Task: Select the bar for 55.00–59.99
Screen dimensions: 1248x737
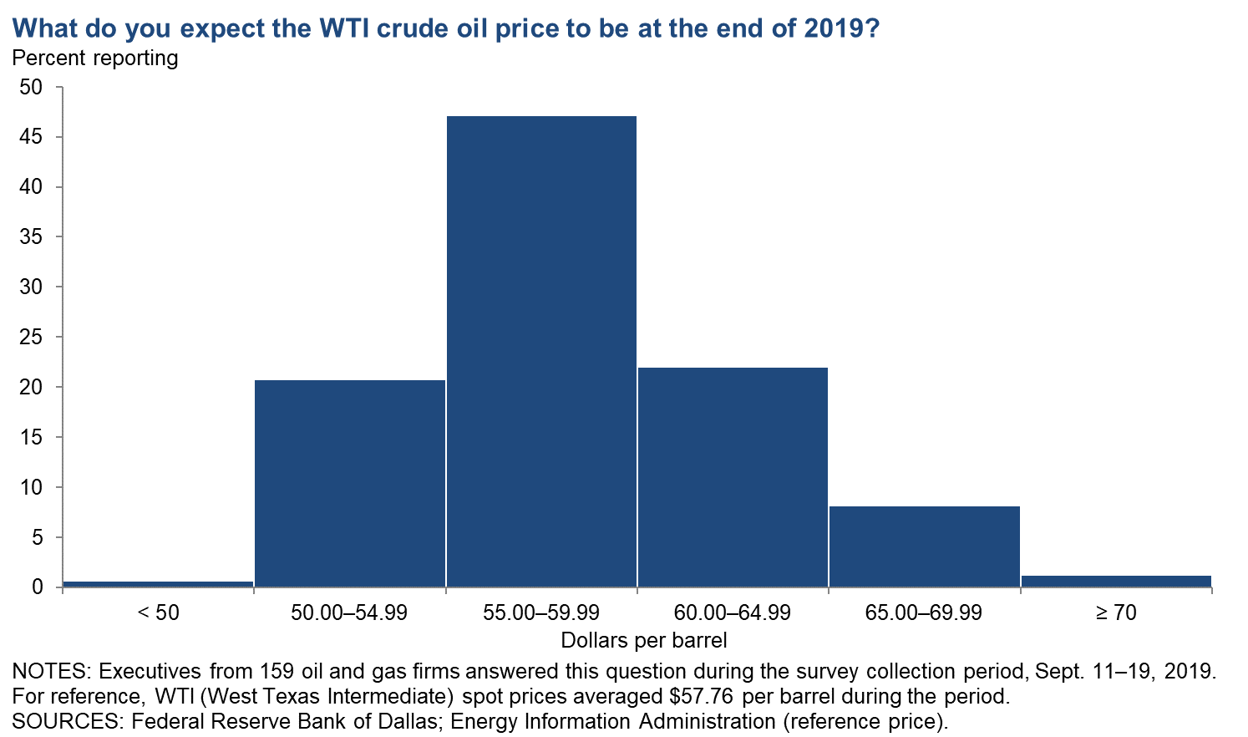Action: click(x=541, y=351)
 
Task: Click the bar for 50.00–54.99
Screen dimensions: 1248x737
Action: click(x=350, y=483)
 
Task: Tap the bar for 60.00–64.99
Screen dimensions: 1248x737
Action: click(x=733, y=477)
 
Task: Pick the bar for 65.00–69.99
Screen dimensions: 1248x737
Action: click(x=924, y=546)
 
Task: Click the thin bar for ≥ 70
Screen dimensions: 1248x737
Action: click(x=1116, y=581)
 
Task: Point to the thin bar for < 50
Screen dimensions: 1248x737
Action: click(x=158, y=584)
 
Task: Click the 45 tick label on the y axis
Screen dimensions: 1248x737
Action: click(x=31, y=136)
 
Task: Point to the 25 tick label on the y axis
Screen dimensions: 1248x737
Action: click(x=31, y=337)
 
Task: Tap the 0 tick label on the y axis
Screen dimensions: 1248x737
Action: click(x=38, y=587)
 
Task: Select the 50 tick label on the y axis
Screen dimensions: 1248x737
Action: click(x=31, y=87)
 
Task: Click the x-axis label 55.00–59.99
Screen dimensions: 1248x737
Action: click(x=541, y=612)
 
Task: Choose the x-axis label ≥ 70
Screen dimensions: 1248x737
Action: click(x=1116, y=612)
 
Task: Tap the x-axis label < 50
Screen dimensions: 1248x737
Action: click(x=158, y=612)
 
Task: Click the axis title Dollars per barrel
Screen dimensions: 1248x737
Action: click(x=643, y=640)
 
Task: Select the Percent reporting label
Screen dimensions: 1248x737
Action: click(x=94, y=58)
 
